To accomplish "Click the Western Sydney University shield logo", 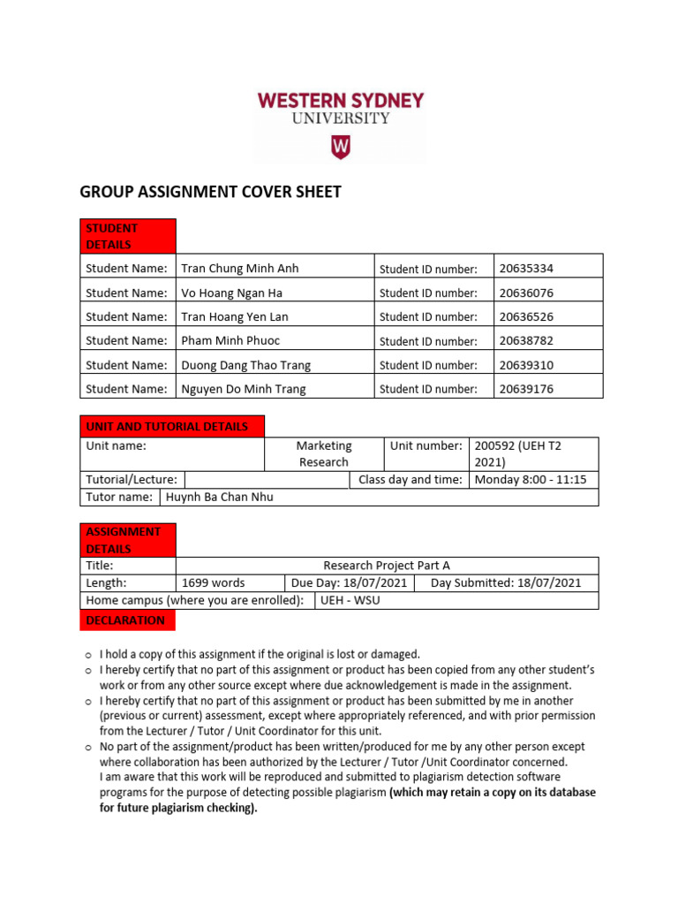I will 340,147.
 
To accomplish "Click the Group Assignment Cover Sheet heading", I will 211,192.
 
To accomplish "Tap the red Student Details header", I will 128,236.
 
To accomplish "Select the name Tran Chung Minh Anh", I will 240,269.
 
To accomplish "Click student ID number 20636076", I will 526,293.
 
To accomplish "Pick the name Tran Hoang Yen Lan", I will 235,316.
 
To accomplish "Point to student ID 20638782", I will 526,340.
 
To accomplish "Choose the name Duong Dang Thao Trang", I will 246,365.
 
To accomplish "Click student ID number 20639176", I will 526,389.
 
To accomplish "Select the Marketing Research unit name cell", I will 323,453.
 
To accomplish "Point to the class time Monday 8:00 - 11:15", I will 531,480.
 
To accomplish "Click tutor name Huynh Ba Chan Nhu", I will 219,497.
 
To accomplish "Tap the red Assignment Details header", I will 128,540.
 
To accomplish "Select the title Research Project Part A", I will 387,566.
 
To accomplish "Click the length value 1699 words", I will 214,582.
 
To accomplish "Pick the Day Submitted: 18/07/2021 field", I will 506,582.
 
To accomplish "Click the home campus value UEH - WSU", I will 350,600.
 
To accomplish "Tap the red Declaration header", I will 128,620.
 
